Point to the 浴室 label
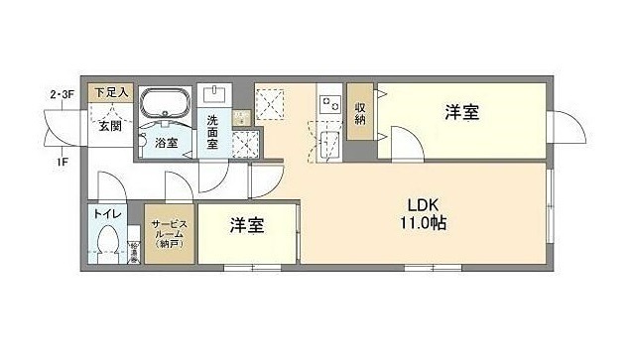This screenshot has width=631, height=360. (x=168, y=143)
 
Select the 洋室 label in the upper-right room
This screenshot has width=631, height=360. (x=463, y=112)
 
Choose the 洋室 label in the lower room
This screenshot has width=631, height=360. (x=247, y=226)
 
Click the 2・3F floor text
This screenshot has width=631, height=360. (x=63, y=94)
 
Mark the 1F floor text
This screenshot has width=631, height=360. (x=62, y=162)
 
